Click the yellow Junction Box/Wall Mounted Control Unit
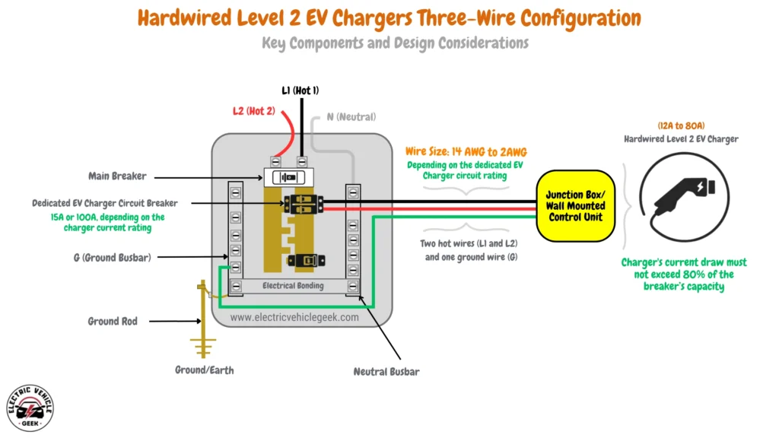click(x=576, y=206)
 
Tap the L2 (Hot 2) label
click(x=253, y=111)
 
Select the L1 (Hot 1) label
click(x=300, y=90)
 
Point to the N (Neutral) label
click(x=351, y=116)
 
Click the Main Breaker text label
click(x=119, y=176)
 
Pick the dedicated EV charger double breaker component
click(x=304, y=204)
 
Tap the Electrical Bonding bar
click(x=293, y=286)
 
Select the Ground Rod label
click(x=113, y=322)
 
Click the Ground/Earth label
click(x=203, y=370)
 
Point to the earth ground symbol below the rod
click(x=202, y=349)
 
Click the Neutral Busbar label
click(x=386, y=372)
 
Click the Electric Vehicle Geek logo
click(x=30, y=408)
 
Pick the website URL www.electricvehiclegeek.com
click(x=294, y=317)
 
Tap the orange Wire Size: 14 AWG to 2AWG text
click(x=466, y=152)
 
